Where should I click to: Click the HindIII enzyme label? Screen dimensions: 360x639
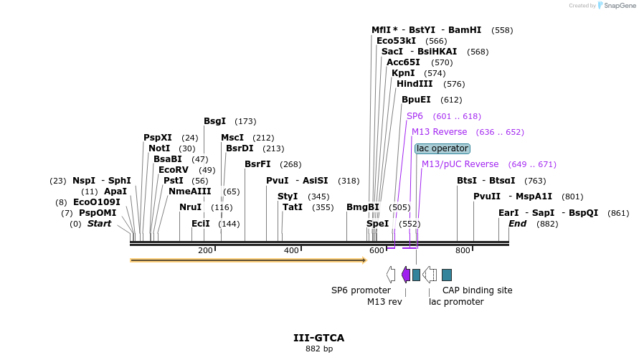pyautogui.click(x=415, y=84)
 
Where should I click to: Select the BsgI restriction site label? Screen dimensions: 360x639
pyautogui.click(x=214, y=121)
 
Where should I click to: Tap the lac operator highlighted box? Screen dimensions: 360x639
pyautogui.click(x=442, y=148)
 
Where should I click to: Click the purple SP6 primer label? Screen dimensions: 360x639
pyautogui.click(x=415, y=116)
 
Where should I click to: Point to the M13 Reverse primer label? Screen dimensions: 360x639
pyautogui.click(x=439, y=132)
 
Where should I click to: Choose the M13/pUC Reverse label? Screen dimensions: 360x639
pyautogui.click(x=460, y=164)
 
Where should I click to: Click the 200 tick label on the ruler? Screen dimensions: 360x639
pyautogui.click(x=205, y=250)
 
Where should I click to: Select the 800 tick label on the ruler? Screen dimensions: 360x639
pyautogui.click(x=463, y=250)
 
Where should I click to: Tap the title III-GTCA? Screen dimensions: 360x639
pyautogui.click(x=318, y=338)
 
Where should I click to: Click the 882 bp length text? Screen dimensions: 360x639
pyautogui.click(x=318, y=349)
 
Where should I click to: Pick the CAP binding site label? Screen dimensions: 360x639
pyautogui.click(x=477, y=290)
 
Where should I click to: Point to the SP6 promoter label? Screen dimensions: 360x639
pyautogui.click(x=361, y=290)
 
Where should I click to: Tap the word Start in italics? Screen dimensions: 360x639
pyautogui.click(x=100, y=224)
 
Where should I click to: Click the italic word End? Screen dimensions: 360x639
pyautogui.click(x=517, y=224)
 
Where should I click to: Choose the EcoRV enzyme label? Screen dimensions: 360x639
pyautogui.click(x=173, y=170)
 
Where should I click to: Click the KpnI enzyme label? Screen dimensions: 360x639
pyautogui.click(x=403, y=73)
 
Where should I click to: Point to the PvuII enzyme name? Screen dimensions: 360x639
pyautogui.click(x=487, y=196)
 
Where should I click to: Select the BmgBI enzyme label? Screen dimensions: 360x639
pyautogui.click(x=362, y=207)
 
